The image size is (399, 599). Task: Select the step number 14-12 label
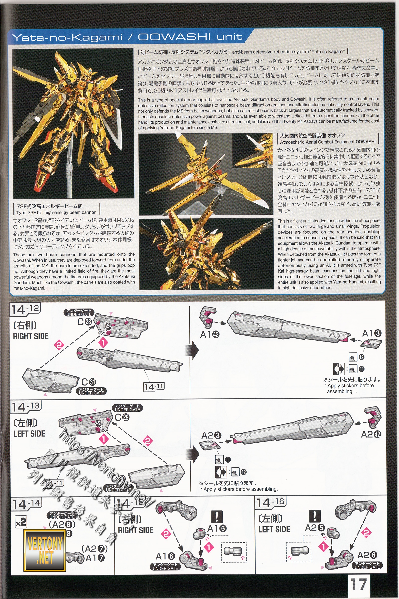point(26,309)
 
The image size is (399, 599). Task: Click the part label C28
point(84,322)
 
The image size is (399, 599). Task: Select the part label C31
point(89,382)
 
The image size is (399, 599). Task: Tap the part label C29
point(122,417)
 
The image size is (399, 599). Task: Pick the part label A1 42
point(210,334)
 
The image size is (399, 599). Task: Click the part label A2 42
point(371,434)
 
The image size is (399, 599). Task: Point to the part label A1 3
point(372,333)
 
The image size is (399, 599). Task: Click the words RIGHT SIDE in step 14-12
point(31,336)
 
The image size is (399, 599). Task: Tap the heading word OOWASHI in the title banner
point(174,37)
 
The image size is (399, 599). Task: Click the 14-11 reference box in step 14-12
point(154,387)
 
